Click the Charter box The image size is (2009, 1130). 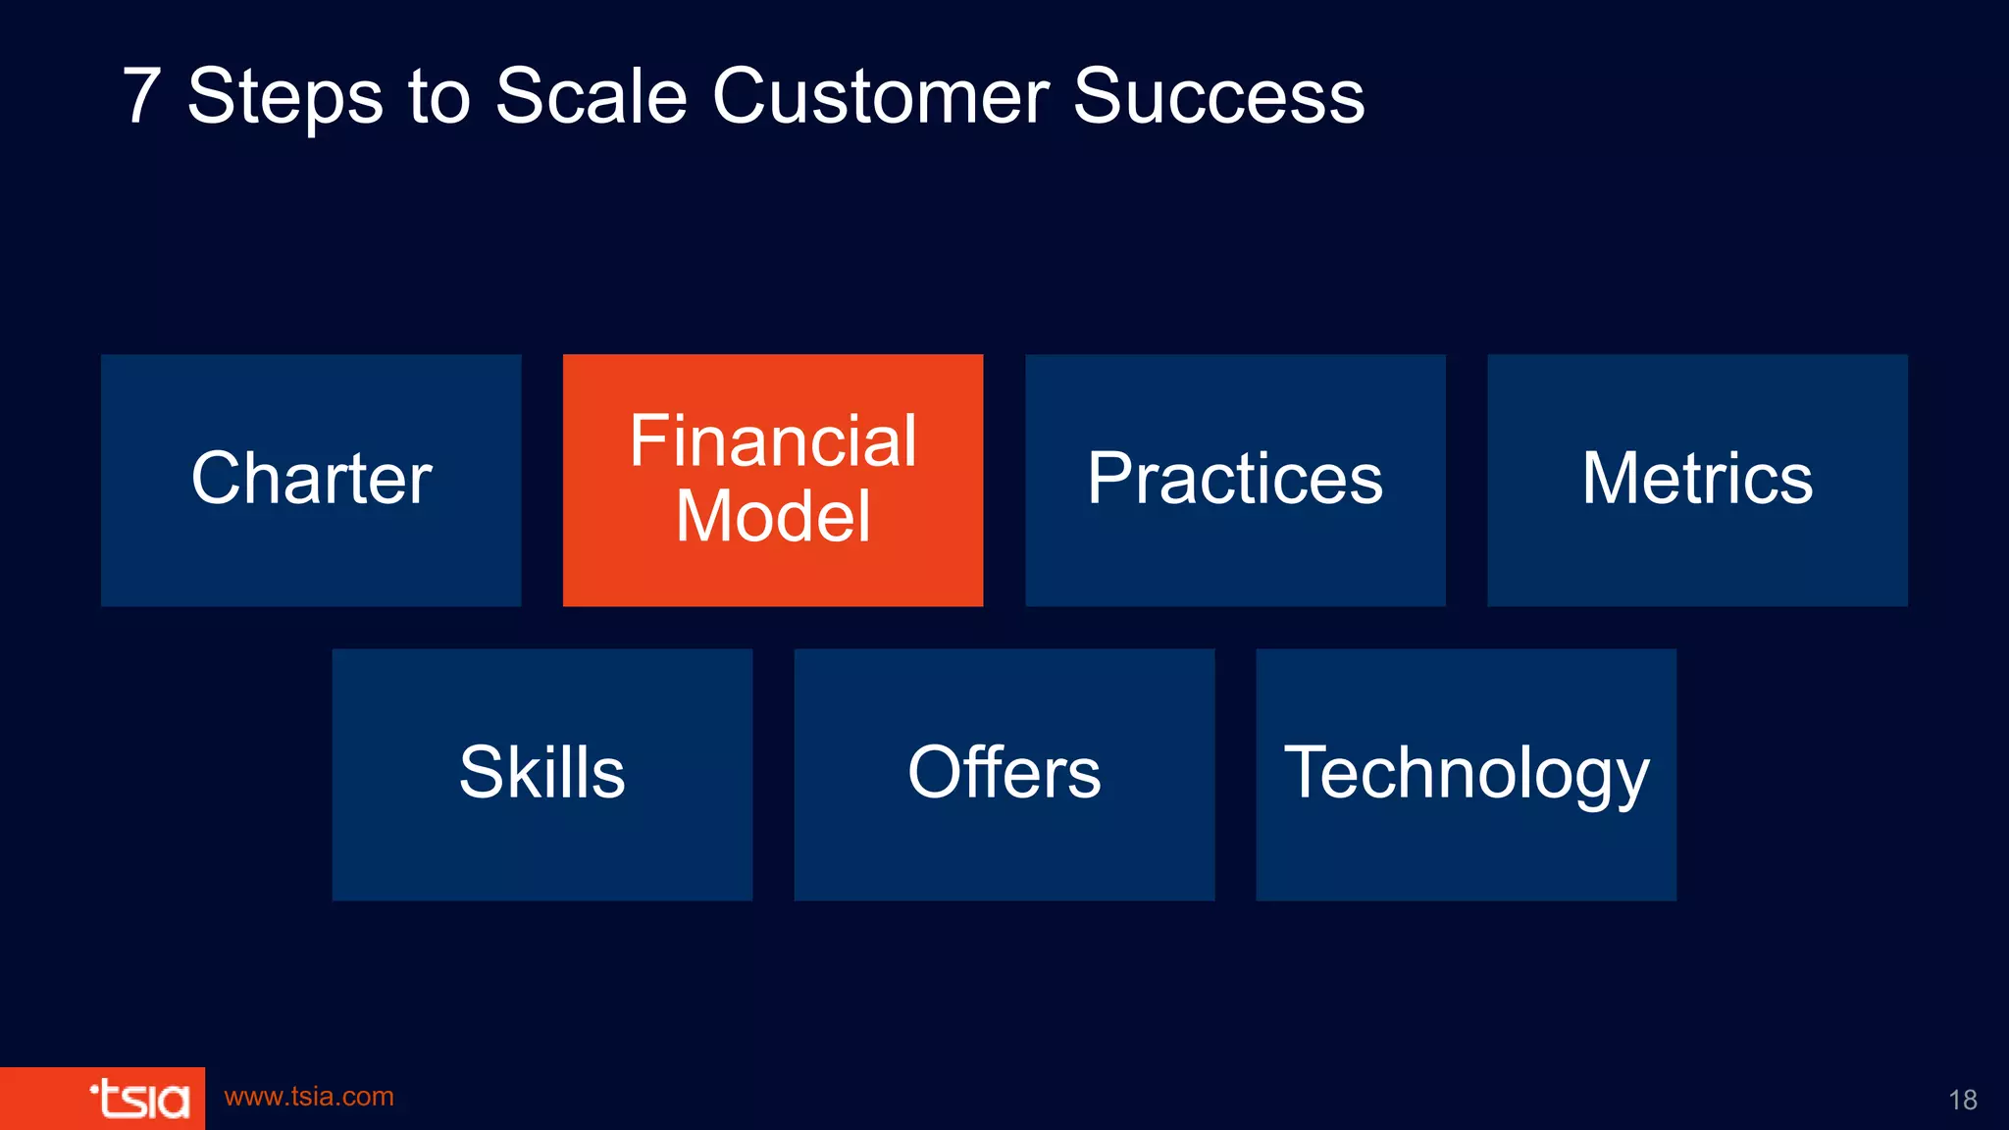click(311, 480)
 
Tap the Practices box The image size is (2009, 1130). click(1235, 480)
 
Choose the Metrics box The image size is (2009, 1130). click(1697, 480)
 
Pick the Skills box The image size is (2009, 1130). click(541, 774)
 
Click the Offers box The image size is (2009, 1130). click(1004, 774)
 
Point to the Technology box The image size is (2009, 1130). click(1466, 774)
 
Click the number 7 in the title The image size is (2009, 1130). click(142, 96)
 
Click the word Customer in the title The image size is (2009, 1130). click(880, 96)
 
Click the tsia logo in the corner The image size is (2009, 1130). click(139, 1099)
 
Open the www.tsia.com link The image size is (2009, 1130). click(309, 1097)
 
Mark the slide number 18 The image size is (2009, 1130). click(1962, 1100)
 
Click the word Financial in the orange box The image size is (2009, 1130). click(773, 440)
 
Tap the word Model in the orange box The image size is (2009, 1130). click(773, 516)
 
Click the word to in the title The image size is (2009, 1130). click(438, 96)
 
